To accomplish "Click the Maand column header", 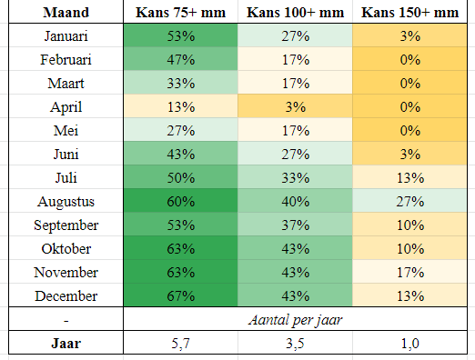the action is pyautogui.click(x=66, y=13).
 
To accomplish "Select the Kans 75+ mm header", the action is pyautogui.click(x=181, y=13).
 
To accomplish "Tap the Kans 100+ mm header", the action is pyautogui.click(x=296, y=13).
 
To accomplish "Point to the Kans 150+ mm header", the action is pyautogui.click(x=410, y=13).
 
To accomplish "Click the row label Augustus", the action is pyautogui.click(x=66, y=202).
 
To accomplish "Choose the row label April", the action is pyautogui.click(x=66, y=107).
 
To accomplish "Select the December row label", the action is pyautogui.click(x=66, y=296).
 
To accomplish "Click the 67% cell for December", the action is pyautogui.click(x=181, y=296).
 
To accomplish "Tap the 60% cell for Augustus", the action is pyautogui.click(x=181, y=202).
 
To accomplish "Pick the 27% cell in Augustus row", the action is pyautogui.click(x=410, y=202).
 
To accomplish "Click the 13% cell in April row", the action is pyautogui.click(x=181, y=107).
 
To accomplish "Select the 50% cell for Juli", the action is pyautogui.click(x=181, y=178).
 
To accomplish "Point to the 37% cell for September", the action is pyautogui.click(x=296, y=225).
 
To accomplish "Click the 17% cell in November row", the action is pyautogui.click(x=410, y=273).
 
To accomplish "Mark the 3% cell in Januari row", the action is pyautogui.click(x=410, y=36).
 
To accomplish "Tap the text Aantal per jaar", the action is pyautogui.click(x=296, y=320).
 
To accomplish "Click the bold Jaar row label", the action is pyautogui.click(x=66, y=344).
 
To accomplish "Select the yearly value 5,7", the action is pyautogui.click(x=181, y=344).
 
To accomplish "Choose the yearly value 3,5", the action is pyautogui.click(x=296, y=344).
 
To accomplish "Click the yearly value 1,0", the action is pyautogui.click(x=410, y=344).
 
